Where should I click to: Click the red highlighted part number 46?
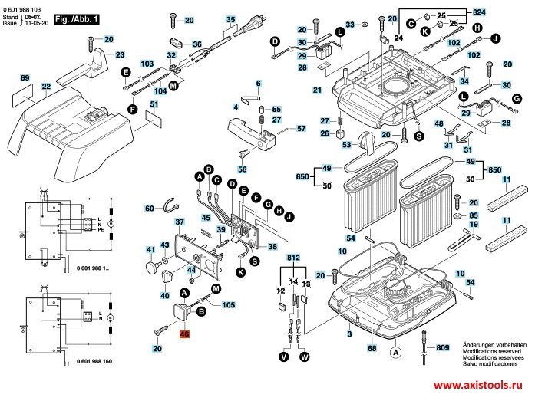click(x=184, y=334)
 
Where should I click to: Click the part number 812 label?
click(x=293, y=259)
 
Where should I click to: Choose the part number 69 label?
click(x=25, y=79)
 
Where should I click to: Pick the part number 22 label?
click(x=46, y=86)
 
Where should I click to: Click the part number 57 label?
click(x=301, y=128)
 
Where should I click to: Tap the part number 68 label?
click(x=372, y=349)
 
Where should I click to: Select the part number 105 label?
click(x=229, y=304)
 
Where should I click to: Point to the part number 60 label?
click(x=150, y=208)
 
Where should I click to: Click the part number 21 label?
click(x=316, y=90)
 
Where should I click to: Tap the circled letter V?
click(x=284, y=357)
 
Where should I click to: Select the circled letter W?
click(x=305, y=357)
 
